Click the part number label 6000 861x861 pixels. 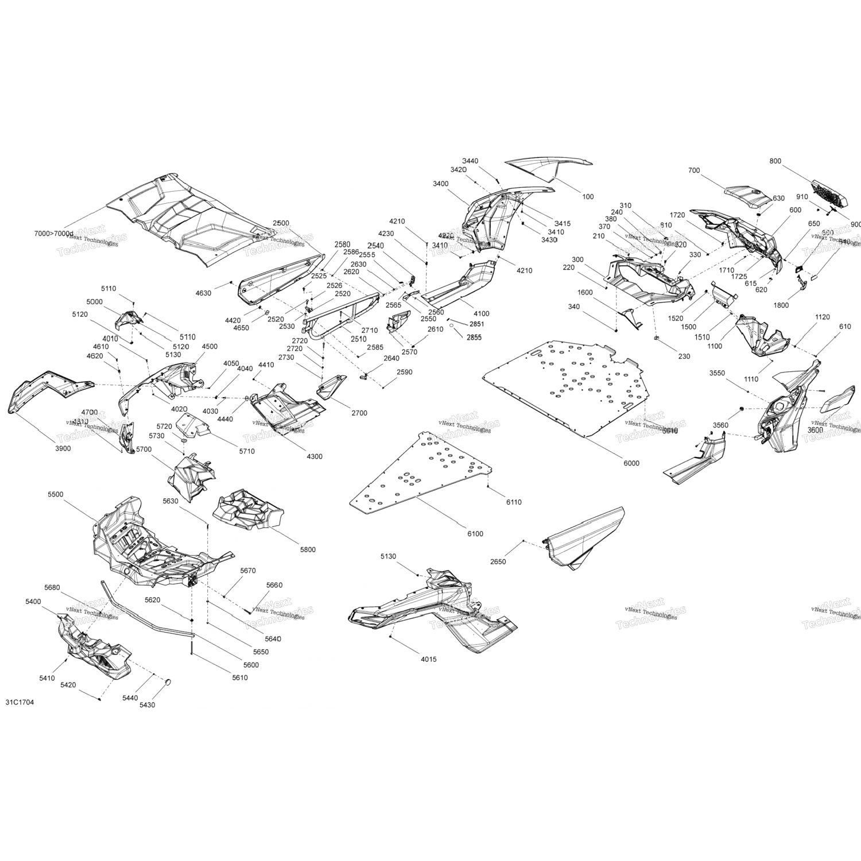[631, 463]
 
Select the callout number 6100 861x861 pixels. [475, 534]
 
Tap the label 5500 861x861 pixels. [56, 494]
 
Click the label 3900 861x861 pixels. [63, 448]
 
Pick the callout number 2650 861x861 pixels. [498, 561]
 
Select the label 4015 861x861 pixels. [428, 660]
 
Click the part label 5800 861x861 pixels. [308, 549]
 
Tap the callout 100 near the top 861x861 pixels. [588, 197]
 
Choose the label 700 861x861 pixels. [693, 170]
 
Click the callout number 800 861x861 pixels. [775, 161]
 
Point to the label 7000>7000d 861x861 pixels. [54, 234]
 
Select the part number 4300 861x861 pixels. [314, 456]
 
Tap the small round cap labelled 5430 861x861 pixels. [170, 682]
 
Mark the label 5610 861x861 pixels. [239, 678]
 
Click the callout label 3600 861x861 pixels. [815, 430]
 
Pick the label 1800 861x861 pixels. [781, 305]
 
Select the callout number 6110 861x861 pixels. [514, 502]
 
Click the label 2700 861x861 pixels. [359, 413]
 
